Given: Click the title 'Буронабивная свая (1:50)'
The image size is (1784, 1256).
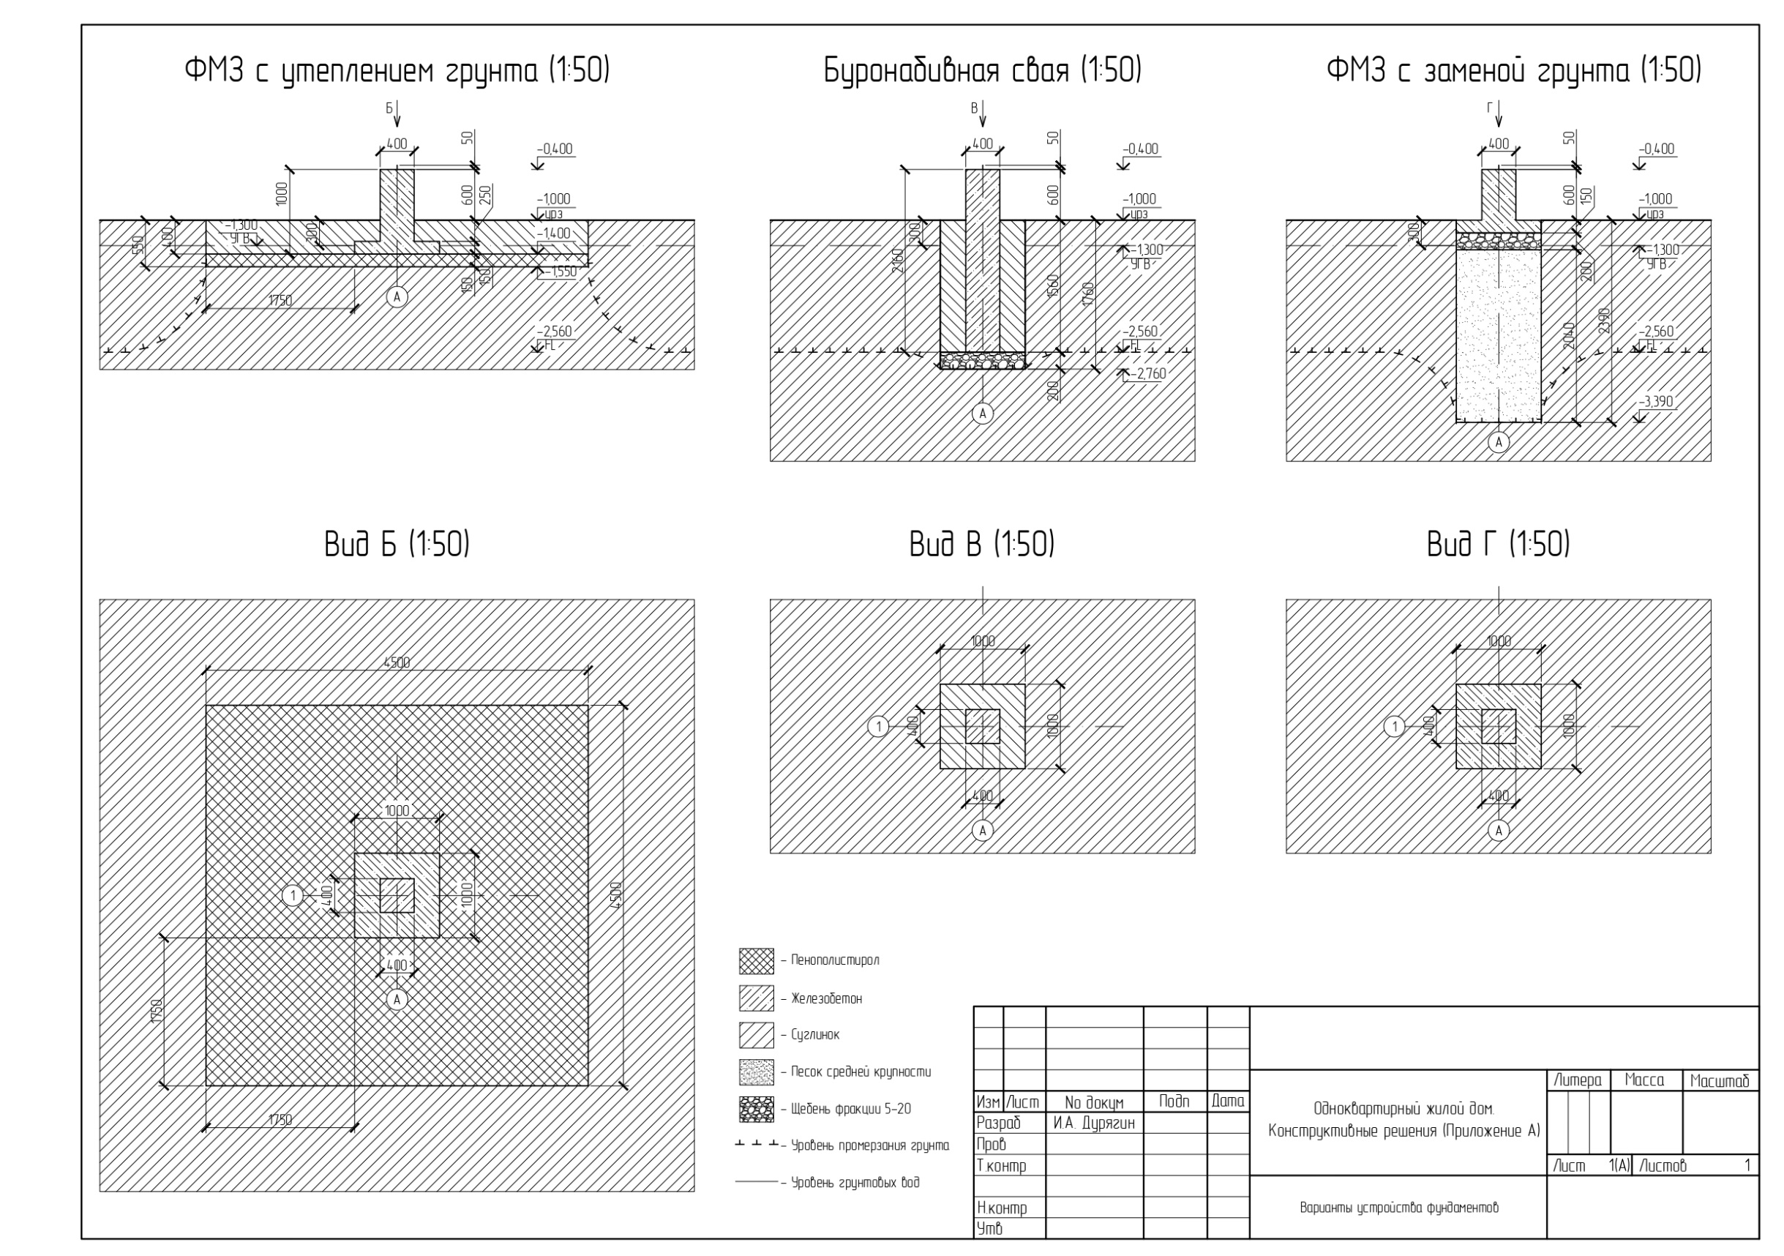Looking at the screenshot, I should [x=982, y=71].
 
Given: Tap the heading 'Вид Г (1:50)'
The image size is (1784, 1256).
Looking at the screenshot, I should [x=1497, y=544].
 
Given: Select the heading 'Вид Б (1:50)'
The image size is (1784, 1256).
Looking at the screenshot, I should [x=397, y=544].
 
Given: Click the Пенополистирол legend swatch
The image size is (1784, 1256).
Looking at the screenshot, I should [x=756, y=960].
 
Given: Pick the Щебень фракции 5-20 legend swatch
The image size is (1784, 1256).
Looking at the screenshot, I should [x=756, y=1109].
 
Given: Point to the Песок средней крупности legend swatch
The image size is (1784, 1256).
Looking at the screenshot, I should [x=756, y=1072].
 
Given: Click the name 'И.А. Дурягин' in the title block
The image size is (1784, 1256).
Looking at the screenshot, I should [x=1093, y=1123].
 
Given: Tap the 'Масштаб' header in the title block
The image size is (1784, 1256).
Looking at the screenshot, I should [x=1720, y=1080].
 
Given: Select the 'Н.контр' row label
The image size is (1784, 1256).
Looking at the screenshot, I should [x=1002, y=1208].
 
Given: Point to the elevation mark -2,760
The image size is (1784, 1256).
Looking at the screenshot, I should [x=1149, y=374].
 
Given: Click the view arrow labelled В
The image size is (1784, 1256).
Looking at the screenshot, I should [x=982, y=113].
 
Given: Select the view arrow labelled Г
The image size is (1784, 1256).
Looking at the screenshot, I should [x=1498, y=113].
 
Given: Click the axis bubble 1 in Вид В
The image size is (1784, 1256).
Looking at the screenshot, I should [x=878, y=727].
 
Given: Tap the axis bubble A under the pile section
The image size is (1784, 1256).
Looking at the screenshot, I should [x=982, y=414].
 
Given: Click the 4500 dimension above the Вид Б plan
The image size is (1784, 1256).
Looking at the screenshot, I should [x=397, y=663].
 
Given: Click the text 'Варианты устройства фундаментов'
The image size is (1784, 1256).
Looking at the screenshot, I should [x=1398, y=1208].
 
